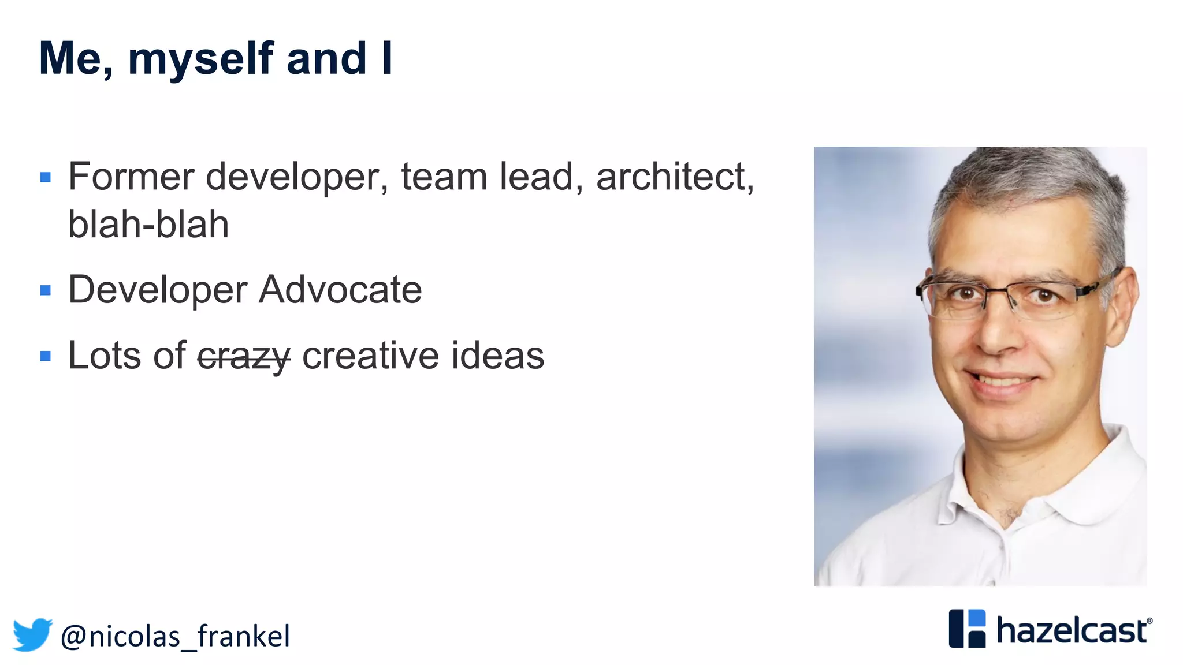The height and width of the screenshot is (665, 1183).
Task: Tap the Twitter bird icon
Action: [x=32, y=634]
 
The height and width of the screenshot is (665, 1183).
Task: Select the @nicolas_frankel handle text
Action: [x=175, y=636]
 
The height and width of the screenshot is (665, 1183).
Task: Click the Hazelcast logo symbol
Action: [x=967, y=629]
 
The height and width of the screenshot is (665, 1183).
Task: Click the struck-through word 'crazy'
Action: [x=244, y=356]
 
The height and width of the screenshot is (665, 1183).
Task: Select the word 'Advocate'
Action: [x=340, y=289]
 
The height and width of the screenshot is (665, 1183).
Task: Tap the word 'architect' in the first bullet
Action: [x=670, y=177]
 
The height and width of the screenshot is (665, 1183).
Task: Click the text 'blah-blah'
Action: [x=148, y=224]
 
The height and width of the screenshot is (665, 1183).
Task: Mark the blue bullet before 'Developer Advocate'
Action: [x=46, y=290]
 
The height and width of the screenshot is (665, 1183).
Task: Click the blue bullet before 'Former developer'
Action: [x=46, y=177]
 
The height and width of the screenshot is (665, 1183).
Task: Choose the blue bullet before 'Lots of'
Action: [x=46, y=356]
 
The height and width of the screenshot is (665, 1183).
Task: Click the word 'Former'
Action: [x=131, y=177]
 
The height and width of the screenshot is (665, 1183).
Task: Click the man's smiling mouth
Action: [x=1004, y=382]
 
